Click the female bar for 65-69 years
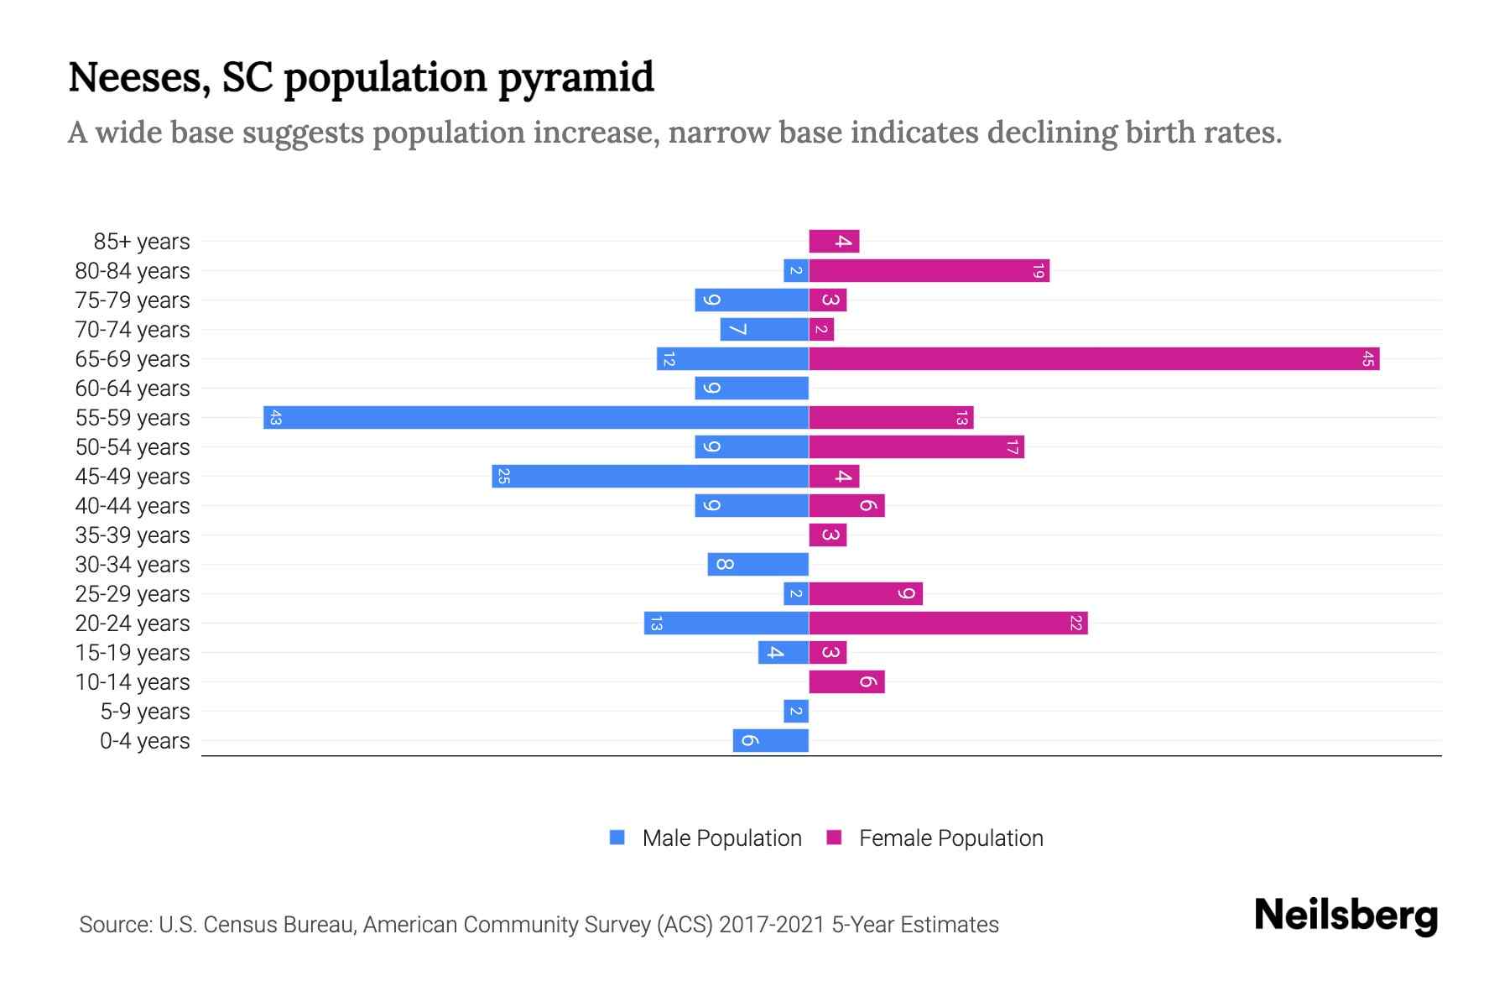(1094, 359)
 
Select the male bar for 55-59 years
(536, 418)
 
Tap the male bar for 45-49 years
(650, 477)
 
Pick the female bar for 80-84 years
(929, 271)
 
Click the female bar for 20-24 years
(948, 624)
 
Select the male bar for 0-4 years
(770, 741)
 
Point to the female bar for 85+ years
(834, 242)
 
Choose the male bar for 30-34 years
(758, 565)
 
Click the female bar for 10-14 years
(846, 682)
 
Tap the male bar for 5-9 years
(795, 712)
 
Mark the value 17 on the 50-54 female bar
(1013, 447)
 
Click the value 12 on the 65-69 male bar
(669, 359)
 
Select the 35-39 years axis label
(133, 535)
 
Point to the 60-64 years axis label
(133, 389)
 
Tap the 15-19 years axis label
(133, 653)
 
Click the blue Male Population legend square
(617, 837)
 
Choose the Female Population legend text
(950, 838)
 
